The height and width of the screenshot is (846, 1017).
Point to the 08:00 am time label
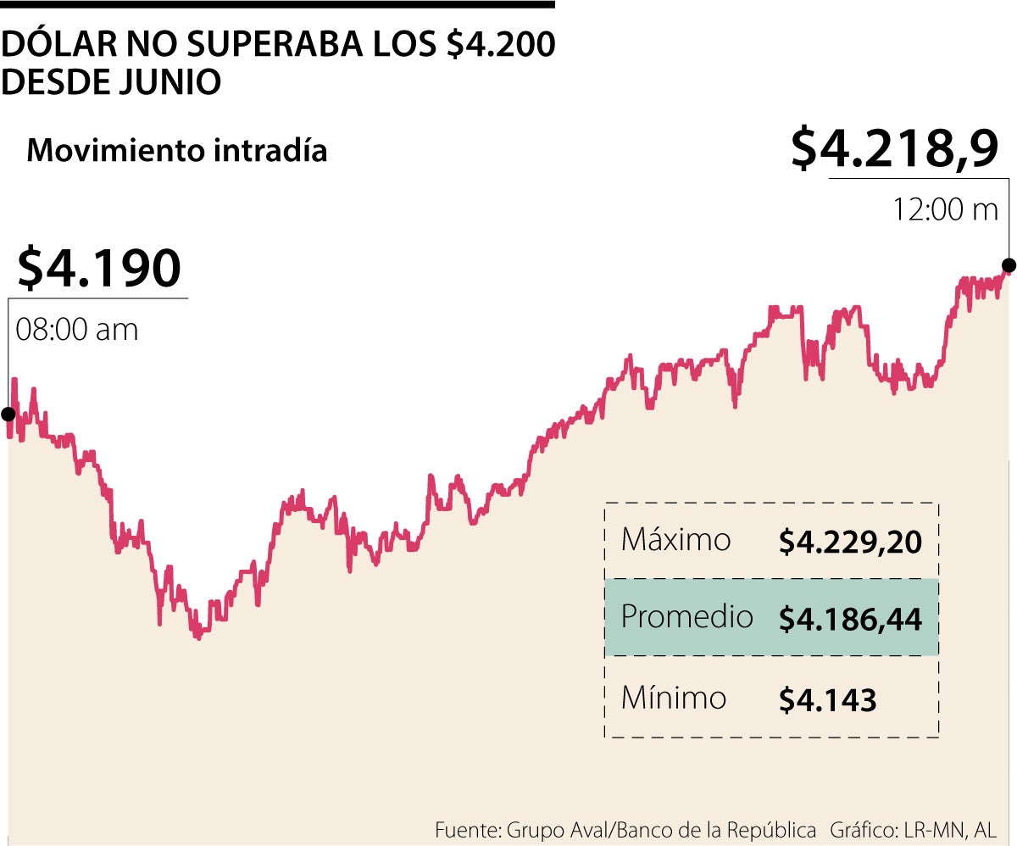pyautogui.click(x=77, y=329)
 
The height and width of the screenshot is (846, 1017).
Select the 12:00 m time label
pyautogui.click(x=945, y=209)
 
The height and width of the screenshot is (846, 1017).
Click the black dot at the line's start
pyautogui.click(x=8, y=414)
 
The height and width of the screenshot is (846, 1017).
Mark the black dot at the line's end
pyautogui.click(x=1009, y=264)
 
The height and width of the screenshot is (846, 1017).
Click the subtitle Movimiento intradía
pyautogui.click(x=177, y=151)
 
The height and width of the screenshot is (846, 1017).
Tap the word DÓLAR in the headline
pyautogui.click(x=53, y=46)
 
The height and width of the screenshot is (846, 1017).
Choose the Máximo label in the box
pyautogui.click(x=675, y=540)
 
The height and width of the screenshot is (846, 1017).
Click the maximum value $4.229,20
pyautogui.click(x=850, y=542)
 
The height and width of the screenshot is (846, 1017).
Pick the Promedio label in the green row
pyautogui.click(x=686, y=616)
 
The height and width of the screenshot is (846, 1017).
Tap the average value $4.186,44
pyautogui.click(x=850, y=619)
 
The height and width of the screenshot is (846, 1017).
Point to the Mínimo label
pyautogui.click(x=674, y=698)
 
